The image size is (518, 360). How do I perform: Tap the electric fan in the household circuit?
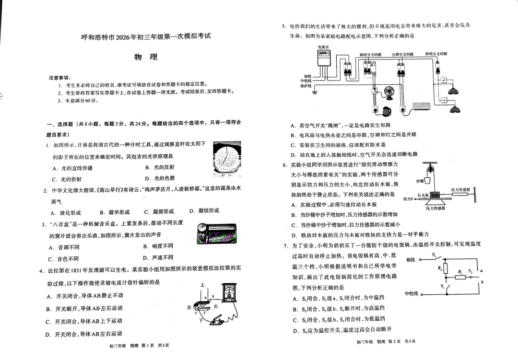point(388,92)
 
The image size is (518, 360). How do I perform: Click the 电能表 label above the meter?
point(323,46)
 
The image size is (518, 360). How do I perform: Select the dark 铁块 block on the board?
point(435,195)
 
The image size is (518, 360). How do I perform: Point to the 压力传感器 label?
point(435,208)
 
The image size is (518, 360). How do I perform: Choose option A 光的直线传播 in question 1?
point(72,168)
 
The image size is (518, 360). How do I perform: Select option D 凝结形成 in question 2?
point(204,211)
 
